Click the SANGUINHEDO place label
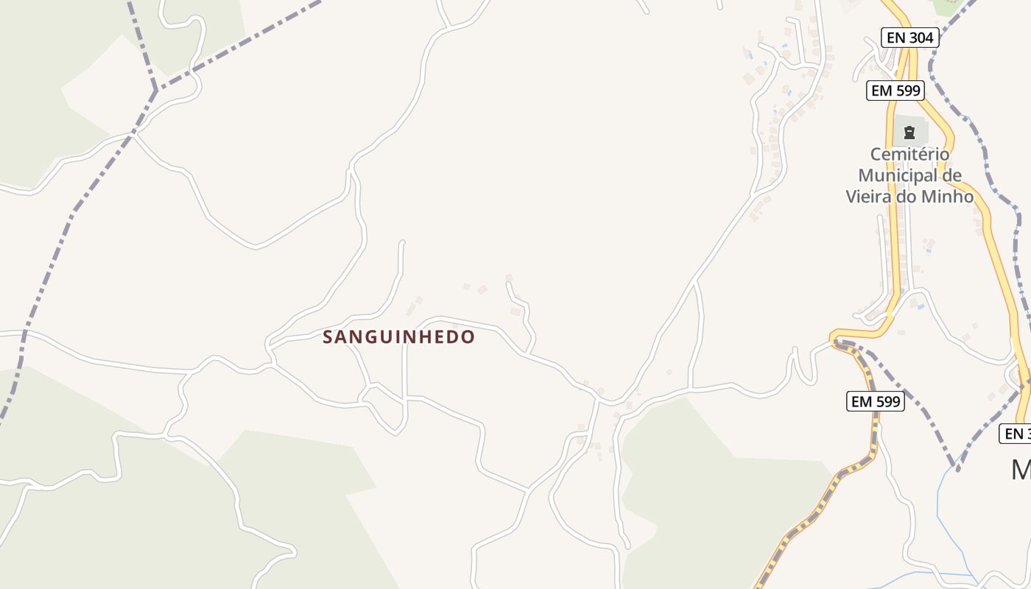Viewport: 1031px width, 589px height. (x=398, y=337)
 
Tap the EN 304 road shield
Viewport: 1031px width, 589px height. (x=909, y=38)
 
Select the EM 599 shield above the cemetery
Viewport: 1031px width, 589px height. (x=895, y=91)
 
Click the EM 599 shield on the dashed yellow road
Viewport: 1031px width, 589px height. (x=876, y=401)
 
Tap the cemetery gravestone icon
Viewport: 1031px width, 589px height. (x=909, y=133)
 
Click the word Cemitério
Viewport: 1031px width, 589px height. (x=910, y=155)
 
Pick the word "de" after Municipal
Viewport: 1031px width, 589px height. (x=952, y=176)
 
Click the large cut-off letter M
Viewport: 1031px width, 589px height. (x=1021, y=469)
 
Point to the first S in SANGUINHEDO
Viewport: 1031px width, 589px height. (x=328, y=337)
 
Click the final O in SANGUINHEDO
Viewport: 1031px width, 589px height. (x=468, y=337)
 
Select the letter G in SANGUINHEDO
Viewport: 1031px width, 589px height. (x=370, y=337)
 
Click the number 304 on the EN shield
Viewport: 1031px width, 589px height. (x=920, y=38)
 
